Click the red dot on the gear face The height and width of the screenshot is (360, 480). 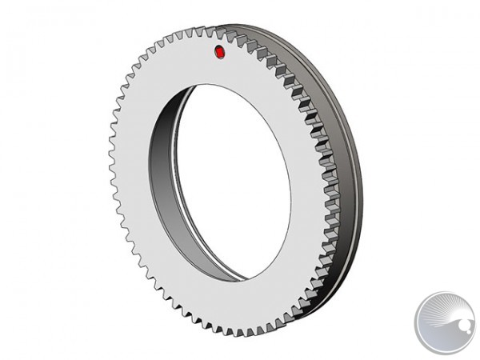(x=220, y=53)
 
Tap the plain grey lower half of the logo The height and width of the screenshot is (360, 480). (x=444, y=340)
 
